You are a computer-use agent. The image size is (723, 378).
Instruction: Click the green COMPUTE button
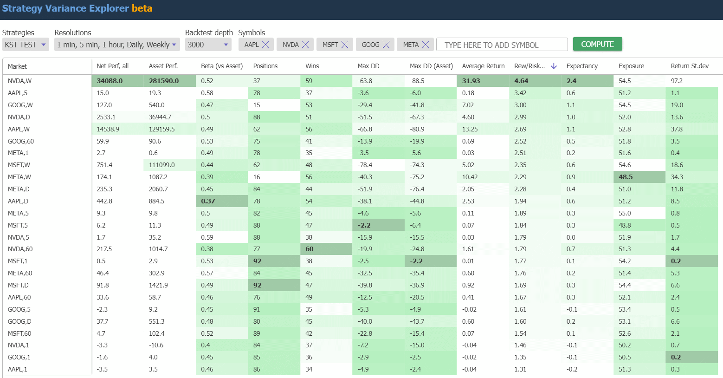coord(597,44)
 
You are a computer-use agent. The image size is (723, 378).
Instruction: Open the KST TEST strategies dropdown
coord(26,45)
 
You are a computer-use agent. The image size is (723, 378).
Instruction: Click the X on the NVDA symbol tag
coord(305,45)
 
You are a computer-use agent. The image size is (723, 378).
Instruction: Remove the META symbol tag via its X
coord(426,45)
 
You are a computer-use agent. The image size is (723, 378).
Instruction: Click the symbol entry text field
coord(501,45)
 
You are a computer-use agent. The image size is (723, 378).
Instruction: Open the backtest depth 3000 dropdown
coord(208,45)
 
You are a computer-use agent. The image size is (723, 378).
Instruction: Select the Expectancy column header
coord(582,66)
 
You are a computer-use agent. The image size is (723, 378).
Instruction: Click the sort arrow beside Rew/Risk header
coord(554,66)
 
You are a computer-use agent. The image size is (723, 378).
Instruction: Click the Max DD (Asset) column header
coord(431,66)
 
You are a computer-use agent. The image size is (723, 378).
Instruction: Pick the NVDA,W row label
coord(19,81)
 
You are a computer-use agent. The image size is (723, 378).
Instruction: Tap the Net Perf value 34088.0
coord(110,81)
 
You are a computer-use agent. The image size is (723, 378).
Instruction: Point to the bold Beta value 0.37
coord(208,201)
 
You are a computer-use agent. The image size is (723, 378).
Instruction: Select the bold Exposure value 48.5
coord(626,177)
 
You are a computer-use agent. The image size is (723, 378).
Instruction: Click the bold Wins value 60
coord(310,249)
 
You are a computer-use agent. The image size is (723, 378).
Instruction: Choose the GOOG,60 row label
coord(21,141)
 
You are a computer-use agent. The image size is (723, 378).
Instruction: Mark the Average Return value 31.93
coord(471,81)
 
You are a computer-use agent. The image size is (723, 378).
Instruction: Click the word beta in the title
coord(142,8)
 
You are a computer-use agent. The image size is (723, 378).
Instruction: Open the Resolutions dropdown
coord(116,45)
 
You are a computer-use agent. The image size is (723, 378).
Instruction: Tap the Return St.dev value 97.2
coord(677,81)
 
